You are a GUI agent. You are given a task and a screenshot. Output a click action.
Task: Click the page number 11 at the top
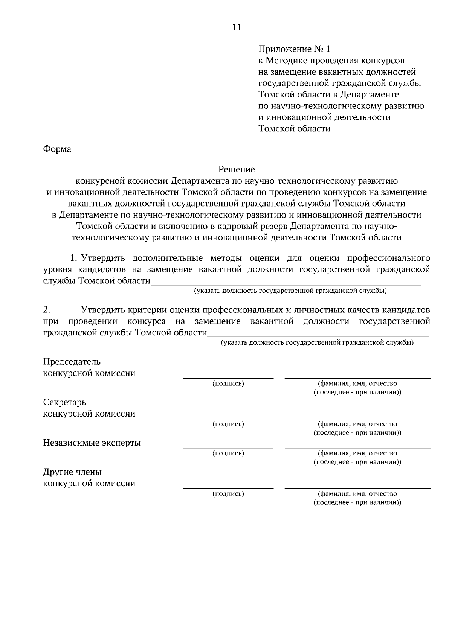[237, 27]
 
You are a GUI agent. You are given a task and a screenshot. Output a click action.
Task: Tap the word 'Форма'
[57, 149]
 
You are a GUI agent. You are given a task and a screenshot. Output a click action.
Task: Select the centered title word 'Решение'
[237, 170]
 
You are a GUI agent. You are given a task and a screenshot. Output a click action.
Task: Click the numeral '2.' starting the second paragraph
[47, 310]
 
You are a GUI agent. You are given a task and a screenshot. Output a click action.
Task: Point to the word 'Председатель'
[72, 362]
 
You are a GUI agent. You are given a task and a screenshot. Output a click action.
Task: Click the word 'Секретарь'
[65, 402]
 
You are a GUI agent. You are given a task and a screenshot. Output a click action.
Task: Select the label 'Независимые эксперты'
[92, 443]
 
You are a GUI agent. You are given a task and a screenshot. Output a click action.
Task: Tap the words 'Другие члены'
[72, 472]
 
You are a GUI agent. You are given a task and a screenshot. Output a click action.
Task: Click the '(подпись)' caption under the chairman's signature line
[228, 384]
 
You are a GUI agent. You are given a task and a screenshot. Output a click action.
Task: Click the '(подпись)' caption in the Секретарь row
[228, 424]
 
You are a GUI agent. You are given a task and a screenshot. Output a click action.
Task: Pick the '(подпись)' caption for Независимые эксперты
[228, 453]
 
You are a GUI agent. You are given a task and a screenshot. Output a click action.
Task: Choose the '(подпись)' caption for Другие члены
[228, 494]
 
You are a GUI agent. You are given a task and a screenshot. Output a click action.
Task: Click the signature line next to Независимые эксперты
[228, 447]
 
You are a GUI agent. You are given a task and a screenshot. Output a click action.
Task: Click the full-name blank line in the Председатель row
[357, 377]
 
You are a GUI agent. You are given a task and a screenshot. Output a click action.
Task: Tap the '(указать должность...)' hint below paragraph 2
[317, 343]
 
